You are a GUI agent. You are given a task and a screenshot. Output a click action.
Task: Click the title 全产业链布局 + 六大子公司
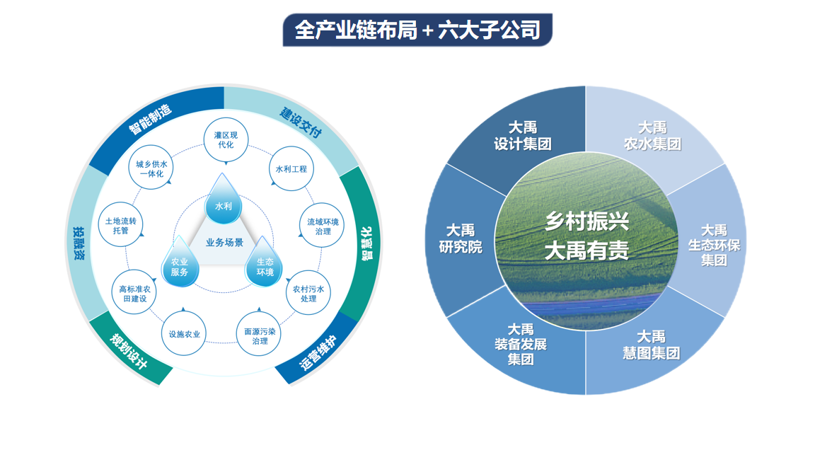click(x=417, y=30)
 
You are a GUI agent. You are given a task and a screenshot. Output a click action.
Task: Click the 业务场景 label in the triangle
click(x=224, y=242)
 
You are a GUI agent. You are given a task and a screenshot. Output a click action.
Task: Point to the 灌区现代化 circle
click(x=226, y=140)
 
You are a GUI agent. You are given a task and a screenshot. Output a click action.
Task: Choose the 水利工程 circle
click(x=291, y=169)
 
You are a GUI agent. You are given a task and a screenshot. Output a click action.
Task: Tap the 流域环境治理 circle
click(x=323, y=226)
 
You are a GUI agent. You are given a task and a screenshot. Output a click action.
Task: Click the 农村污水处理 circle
click(x=308, y=293)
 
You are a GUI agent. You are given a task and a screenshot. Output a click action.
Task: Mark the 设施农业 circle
click(x=184, y=334)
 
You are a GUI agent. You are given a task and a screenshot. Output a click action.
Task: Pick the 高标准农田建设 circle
click(x=134, y=293)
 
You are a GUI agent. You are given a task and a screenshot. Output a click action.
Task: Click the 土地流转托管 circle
click(x=120, y=225)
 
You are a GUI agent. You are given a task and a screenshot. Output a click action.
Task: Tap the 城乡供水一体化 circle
click(x=151, y=168)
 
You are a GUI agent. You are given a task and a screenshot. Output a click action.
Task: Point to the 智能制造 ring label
click(x=150, y=119)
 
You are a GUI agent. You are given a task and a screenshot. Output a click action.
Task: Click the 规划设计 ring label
click(x=128, y=351)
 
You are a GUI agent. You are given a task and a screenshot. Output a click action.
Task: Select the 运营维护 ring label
click(x=318, y=353)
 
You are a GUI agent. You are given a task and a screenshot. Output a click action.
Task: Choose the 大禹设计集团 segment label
click(x=523, y=136)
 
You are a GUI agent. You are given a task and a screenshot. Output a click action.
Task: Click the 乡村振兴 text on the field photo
click(x=586, y=222)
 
